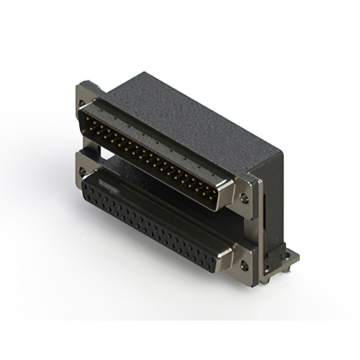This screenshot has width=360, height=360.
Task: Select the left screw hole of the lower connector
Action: [83, 170]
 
